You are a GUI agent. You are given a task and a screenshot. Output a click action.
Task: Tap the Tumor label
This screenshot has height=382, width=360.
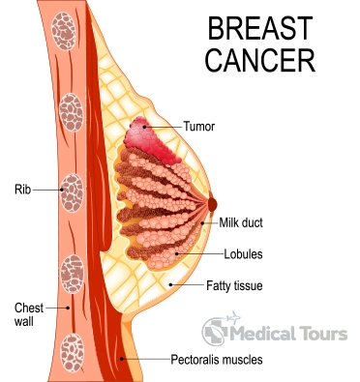pos(199,126)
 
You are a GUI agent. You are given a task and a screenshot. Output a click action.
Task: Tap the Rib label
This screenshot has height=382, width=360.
pos(22,191)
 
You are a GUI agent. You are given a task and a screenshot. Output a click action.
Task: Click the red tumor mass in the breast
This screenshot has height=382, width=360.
pos(147,137)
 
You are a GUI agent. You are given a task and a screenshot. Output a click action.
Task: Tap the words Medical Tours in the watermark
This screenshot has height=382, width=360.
pos(291,335)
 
